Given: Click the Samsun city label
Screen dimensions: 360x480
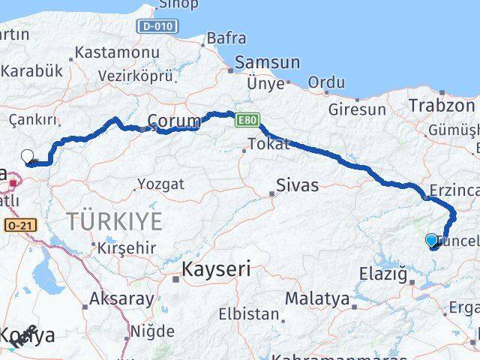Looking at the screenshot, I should [x=267, y=63].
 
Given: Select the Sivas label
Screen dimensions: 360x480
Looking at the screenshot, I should [x=297, y=184].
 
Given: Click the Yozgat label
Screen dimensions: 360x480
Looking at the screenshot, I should [x=159, y=183].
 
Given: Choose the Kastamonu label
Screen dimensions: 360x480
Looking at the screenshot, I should [x=117, y=53].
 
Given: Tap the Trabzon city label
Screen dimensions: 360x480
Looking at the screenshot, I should [x=442, y=106].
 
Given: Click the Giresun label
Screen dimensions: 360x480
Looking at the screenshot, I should [x=357, y=109].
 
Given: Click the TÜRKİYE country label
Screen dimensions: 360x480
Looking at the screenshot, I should [x=114, y=221].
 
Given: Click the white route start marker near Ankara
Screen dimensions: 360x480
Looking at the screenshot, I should [x=28, y=156].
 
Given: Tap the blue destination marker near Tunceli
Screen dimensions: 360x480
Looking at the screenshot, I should [x=432, y=240].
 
